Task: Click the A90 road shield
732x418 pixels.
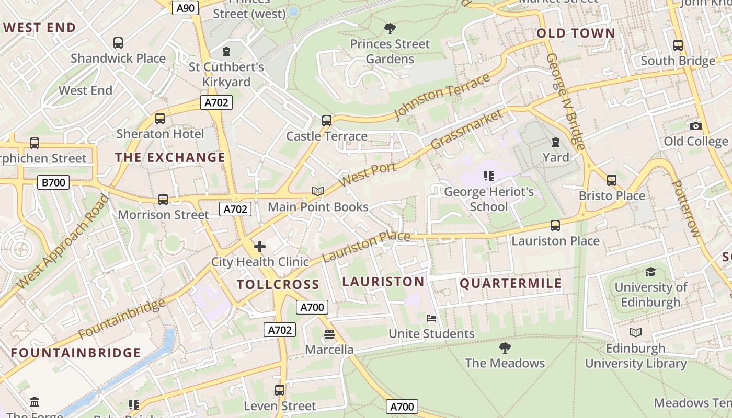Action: tap(186, 8)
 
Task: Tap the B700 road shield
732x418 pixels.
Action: tap(53, 182)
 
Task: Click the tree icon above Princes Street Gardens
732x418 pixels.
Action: tap(390, 28)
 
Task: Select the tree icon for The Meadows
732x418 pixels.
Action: tap(505, 347)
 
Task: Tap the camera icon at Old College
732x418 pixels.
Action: tap(695, 126)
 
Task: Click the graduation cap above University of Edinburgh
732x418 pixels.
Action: tap(650, 272)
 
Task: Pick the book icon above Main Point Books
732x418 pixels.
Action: tap(318, 191)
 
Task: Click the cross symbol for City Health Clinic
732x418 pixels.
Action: tap(260, 247)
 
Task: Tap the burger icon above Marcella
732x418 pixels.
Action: tap(329, 334)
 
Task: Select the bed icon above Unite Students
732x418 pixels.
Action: tap(431, 318)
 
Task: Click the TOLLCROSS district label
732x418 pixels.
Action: tap(278, 285)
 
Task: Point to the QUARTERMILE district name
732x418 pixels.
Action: tap(510, 284)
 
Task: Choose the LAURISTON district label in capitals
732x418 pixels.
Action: tap(383, 282)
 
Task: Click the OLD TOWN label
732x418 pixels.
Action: tap(576, 33)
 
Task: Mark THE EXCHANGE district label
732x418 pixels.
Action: tap(170, 157)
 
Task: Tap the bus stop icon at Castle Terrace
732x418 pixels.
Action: tap(327, 121)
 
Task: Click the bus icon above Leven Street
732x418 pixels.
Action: tap(280, 390)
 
